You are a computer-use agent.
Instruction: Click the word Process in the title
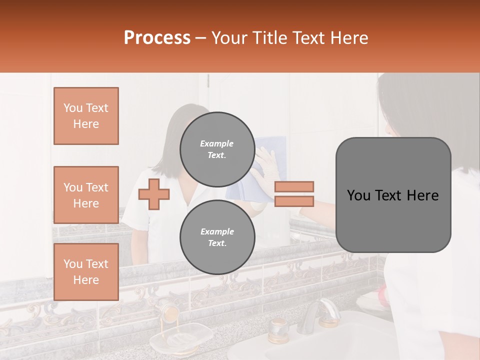(157, 38)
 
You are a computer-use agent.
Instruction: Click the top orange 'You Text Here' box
(86, 116)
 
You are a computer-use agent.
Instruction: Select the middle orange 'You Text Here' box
(86, 195)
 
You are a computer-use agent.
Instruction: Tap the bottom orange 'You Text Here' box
(86, 272)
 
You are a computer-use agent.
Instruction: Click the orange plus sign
(154, 194)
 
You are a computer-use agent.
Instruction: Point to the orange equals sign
(294, 194)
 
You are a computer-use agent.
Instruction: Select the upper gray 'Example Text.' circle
(217, 149)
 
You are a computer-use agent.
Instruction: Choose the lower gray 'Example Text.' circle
(217, 237)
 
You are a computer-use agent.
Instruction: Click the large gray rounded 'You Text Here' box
(393, 195)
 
